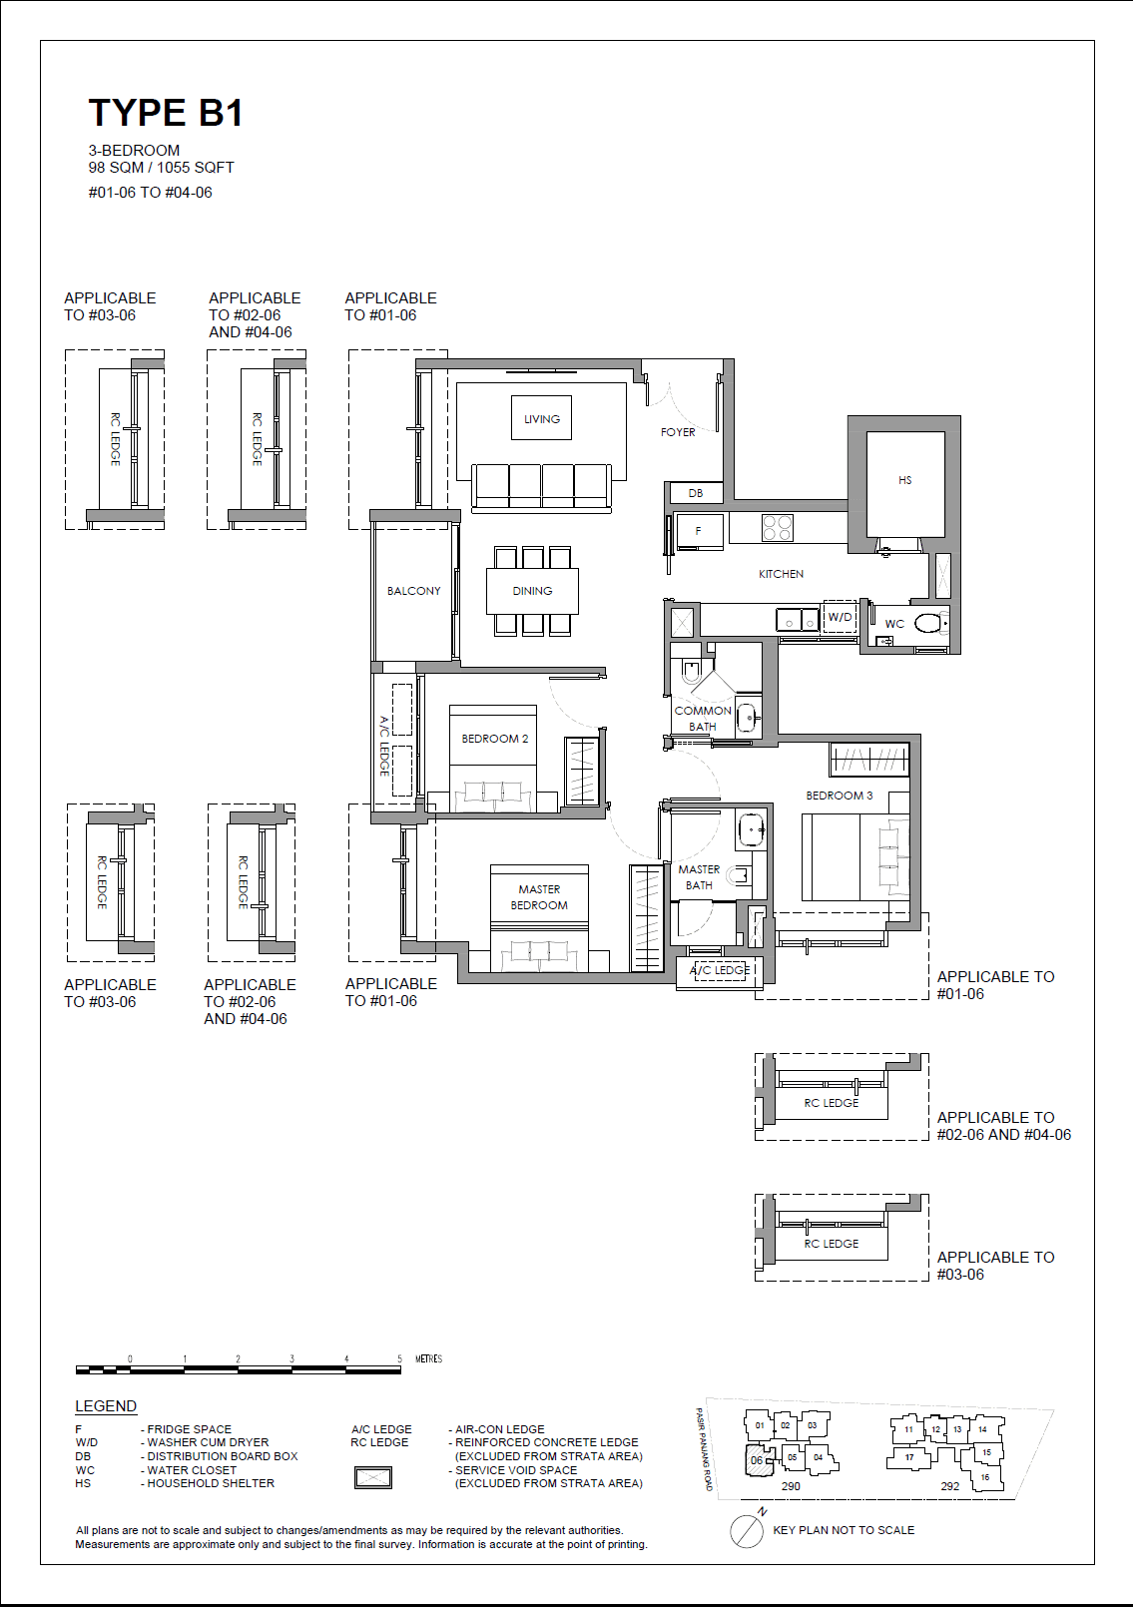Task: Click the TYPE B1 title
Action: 166,113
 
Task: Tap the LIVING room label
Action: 542,419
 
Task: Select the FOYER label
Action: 678,432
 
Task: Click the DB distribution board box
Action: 696,493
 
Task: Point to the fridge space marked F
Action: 698,531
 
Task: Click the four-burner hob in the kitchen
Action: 778,527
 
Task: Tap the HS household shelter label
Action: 904,480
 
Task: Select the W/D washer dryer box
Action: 840,617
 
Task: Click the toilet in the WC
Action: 928,624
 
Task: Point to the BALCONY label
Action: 414,591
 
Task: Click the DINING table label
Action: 532,591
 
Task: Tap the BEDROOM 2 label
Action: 494,739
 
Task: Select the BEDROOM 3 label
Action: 839,796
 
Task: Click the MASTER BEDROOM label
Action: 539,897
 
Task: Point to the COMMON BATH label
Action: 703,718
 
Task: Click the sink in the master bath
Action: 751,828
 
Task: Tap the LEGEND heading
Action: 106,1406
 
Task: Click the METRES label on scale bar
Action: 428,1358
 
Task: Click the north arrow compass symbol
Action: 747,1530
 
